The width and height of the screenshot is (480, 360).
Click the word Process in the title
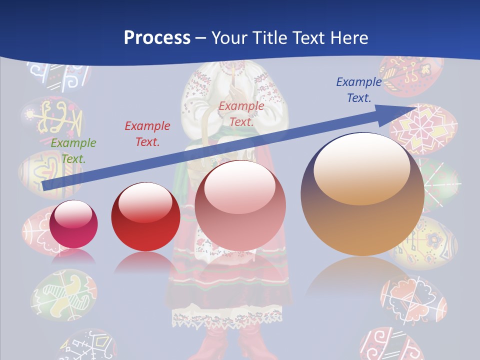pos(157,37)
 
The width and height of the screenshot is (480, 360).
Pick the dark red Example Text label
pos(147,134)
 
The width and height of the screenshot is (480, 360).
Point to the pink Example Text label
pos(241,114)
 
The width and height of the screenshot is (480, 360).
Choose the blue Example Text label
pos(358,90)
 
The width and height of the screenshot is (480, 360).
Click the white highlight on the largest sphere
pos(361,165)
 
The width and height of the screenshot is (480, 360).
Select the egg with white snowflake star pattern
pos(423,127)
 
